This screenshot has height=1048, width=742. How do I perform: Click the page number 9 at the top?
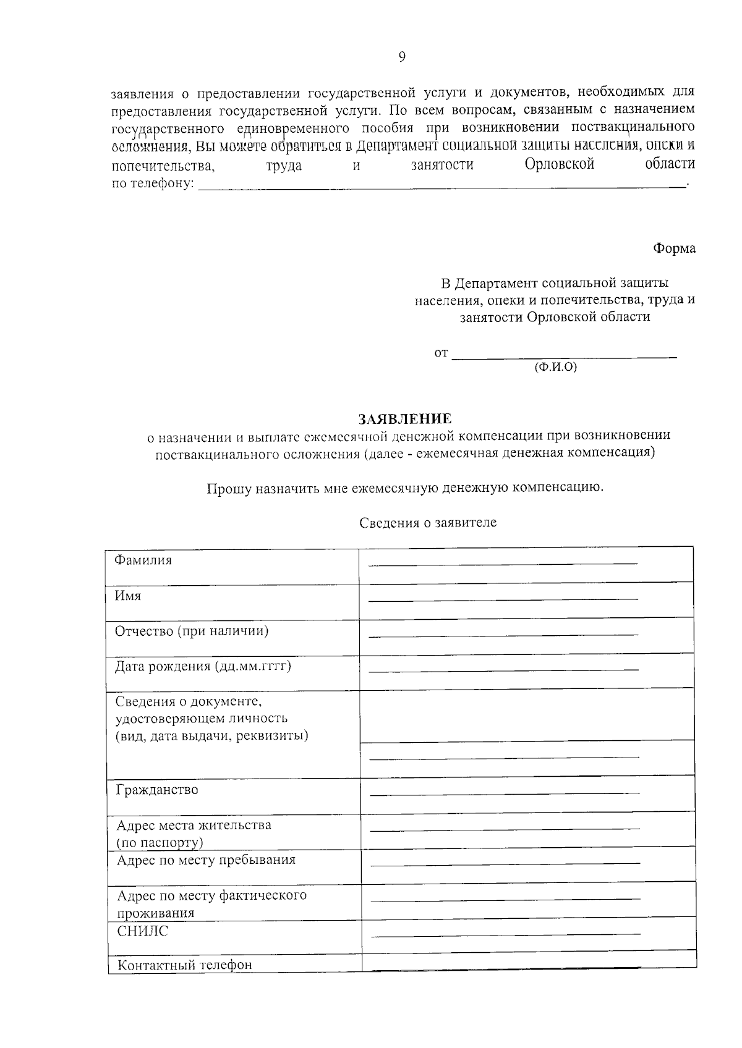pos(402,57)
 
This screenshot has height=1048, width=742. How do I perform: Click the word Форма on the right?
pos(674,248)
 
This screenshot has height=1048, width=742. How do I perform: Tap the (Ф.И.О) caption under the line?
pos(555,367)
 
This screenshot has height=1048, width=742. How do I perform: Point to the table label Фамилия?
pos(143,560)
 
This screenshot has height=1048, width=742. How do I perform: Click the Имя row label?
pos(128,596)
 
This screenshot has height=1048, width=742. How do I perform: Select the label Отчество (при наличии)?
pos(192,632)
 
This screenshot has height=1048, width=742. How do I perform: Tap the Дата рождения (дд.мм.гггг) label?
pos(203,667)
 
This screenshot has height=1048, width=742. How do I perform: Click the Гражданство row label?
pos(157,790)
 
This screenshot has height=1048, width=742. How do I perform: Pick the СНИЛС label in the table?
pos(142,931)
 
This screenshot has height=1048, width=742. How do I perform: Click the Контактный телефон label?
pos(185,965)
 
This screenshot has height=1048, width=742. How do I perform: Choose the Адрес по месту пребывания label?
pos(206,860)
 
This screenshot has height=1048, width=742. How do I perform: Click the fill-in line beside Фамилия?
pos(502,564)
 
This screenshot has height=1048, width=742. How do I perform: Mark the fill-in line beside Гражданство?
pos(505,793)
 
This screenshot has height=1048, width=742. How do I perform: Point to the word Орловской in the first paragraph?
pos(559,165)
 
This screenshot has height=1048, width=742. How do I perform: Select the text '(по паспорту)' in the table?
pos(160,843)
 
